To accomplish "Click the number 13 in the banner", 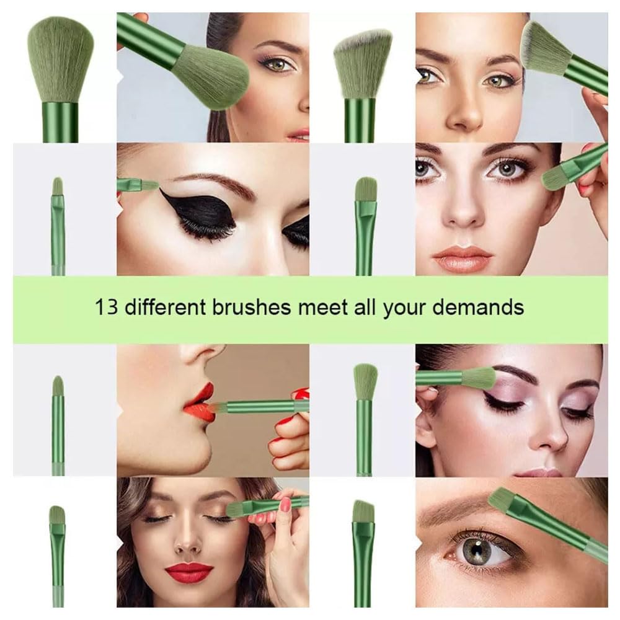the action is click(107, 307).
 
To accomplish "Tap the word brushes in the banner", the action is click(252, 307).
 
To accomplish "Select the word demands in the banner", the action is click(478, 307).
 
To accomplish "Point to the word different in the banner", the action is click(166, 307).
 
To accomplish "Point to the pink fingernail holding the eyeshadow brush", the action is click(285, 503).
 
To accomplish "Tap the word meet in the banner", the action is click(322, 307).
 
